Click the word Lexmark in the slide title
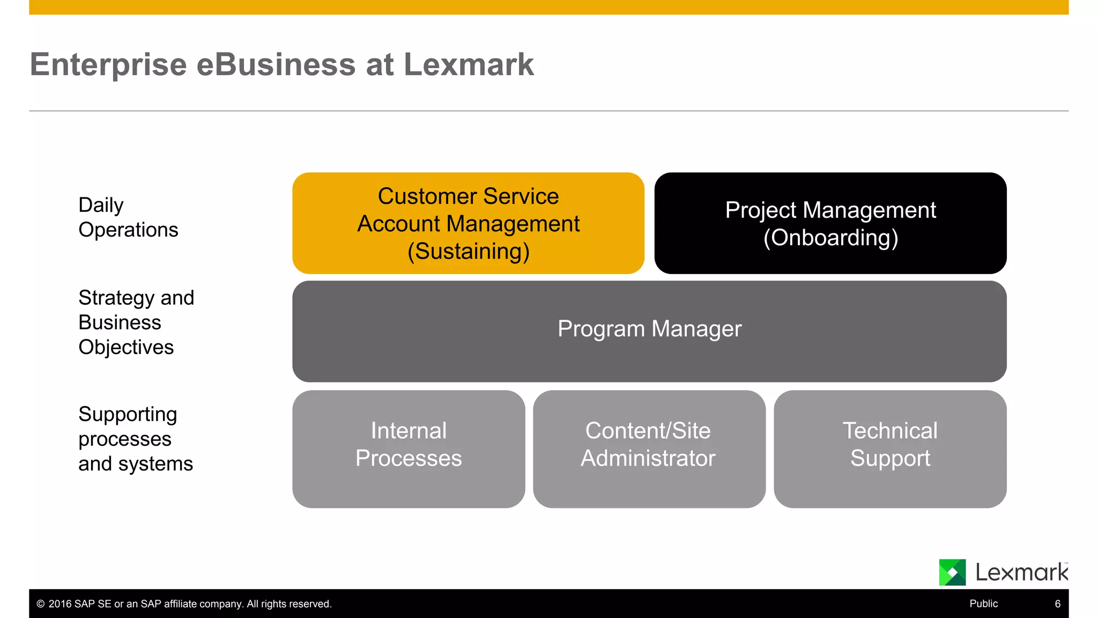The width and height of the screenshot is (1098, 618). point(468,65)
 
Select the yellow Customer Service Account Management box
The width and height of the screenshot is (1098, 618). point(468,223)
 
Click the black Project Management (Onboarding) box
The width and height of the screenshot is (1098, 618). point(830,223)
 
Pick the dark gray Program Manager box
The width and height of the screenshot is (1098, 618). point(649,331)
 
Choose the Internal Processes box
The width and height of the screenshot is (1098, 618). point(409,448)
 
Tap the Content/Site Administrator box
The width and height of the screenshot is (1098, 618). point(649,448)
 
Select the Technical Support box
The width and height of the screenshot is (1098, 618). point(890,448)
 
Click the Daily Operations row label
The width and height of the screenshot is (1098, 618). point(128,217)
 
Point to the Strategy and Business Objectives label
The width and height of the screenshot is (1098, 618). point(136,322)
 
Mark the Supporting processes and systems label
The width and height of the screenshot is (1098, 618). point(135,439)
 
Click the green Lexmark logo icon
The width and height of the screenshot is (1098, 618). point(952,572)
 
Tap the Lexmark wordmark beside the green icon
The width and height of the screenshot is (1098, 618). point(1021,572)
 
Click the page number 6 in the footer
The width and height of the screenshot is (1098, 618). point(1057,604)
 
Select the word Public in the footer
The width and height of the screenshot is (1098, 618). point(983,604)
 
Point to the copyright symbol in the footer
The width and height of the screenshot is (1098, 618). point(41,604)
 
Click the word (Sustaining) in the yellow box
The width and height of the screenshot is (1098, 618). point(468,251)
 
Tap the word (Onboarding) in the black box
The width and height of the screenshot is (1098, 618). point(830,238)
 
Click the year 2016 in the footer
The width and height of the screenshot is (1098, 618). point(60,604)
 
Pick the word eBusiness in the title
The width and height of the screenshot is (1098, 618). point(276,65)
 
